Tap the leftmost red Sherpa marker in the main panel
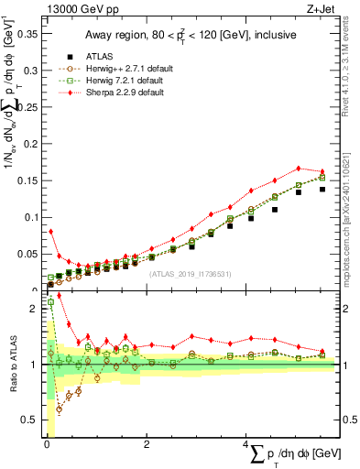(51, 232)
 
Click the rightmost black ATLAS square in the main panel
(322, 189)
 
